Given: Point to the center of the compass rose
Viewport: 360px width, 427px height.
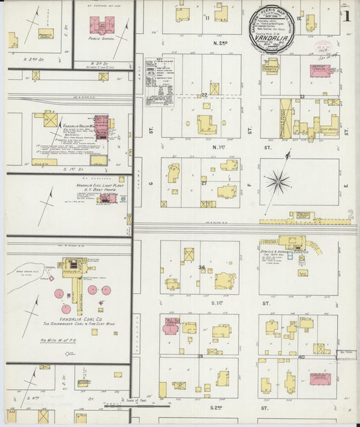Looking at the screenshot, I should [277, 180].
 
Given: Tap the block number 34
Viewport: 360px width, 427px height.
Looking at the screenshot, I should [201, 268].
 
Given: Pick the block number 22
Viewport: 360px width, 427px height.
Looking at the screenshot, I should [203, 95].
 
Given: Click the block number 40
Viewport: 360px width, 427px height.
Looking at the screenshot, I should [301, 356].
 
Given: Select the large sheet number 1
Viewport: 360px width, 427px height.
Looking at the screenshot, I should [345, 16].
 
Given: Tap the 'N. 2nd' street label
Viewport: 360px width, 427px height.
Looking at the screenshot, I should [220, 42].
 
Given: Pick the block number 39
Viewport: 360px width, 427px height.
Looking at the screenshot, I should [200, 356].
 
